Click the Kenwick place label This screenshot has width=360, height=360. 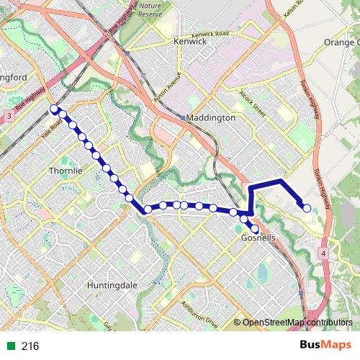coord(190,42)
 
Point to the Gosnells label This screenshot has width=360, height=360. coord(258,238)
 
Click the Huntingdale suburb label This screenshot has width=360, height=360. coord(112,285)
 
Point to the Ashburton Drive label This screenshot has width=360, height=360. coord(199,314)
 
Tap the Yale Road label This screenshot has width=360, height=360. coord(52,129)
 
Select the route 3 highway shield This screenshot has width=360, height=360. coord(7,115)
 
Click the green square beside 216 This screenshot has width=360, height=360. coord(10,346)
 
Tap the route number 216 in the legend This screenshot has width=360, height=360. coord(30,346)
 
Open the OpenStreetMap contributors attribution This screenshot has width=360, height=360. coord(297,323)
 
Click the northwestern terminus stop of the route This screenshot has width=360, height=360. coord(53,109)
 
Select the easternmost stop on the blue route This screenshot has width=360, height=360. coord(307,208)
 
